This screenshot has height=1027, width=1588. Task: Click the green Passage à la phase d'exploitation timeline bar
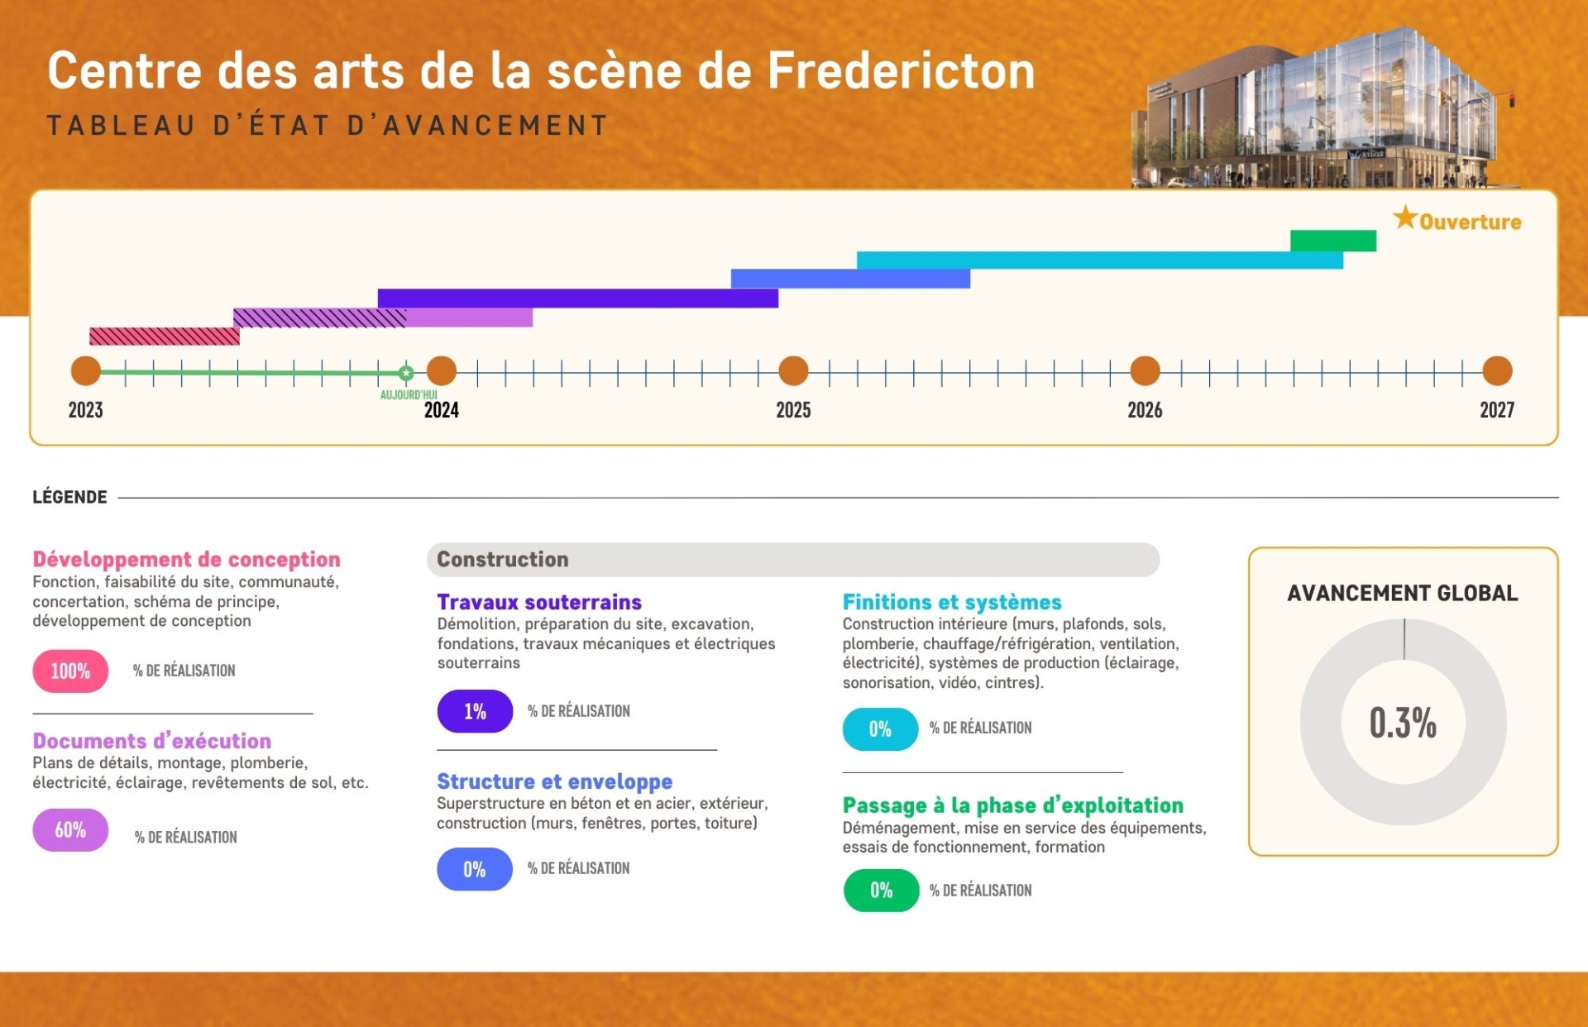coord(1332,241)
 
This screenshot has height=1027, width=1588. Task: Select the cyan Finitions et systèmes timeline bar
coord(1100,260)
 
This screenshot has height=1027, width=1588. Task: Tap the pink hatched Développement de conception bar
coord(165,336)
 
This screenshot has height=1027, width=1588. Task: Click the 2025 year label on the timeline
coord(793,410)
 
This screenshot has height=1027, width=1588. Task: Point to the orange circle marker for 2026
coord(1145,371)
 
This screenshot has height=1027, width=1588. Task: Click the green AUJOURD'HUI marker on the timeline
coord(405,373)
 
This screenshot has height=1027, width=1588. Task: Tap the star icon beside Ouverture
coord(1404,218)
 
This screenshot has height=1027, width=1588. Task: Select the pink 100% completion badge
coord(70,671)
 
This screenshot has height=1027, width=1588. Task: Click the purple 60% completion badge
coord(70,829)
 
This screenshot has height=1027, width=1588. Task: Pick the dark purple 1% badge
coord(475,711)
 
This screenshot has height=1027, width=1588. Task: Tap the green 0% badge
coord(881,891)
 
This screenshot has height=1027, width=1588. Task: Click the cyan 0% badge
coord(880,729)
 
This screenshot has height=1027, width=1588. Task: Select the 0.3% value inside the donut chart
coord(1403,723)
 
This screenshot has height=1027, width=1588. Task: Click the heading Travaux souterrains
coord(539,602)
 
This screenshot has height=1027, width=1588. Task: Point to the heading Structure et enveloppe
coord(554,781)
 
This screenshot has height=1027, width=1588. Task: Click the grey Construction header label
coord(503,560)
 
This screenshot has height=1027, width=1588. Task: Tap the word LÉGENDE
coord(69,497)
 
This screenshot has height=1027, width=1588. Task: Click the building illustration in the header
coord(1323,107)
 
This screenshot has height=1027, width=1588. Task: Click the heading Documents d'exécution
coord(152,741)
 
